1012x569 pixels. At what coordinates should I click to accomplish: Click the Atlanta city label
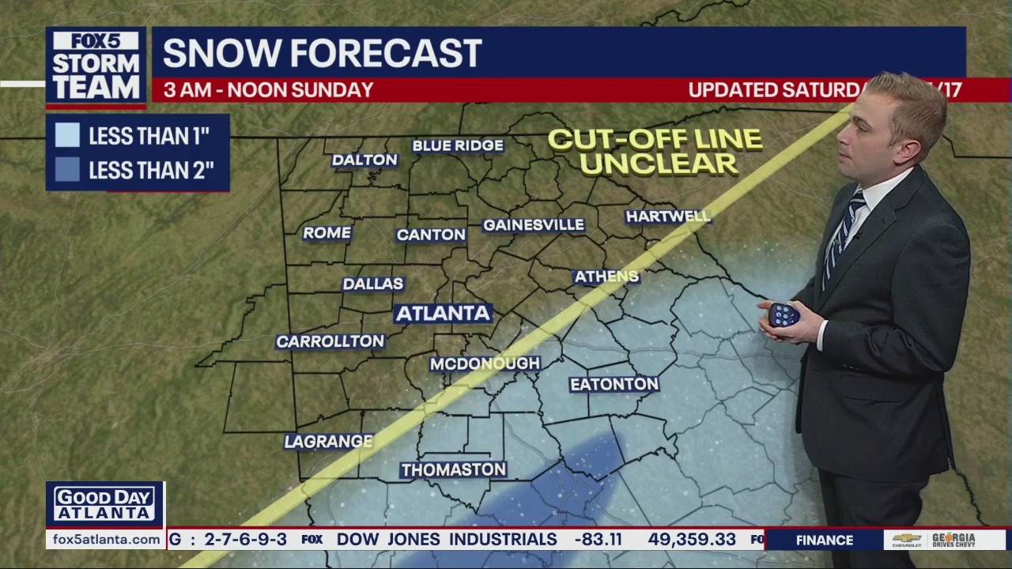click(443, 313)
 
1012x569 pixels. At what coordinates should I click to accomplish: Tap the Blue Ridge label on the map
click(458, 145)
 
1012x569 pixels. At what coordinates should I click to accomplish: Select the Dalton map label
click(364, 160)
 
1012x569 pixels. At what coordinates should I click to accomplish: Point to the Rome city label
click(327, 232)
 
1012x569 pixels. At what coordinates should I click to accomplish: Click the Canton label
click(431, 235)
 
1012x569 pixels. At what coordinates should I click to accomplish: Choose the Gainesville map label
click(534, 225)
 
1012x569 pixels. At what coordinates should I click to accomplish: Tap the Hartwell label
click(668, 217)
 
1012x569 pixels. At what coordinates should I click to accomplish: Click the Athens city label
click(606, 277)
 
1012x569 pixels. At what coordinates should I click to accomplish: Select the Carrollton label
click(330, 341)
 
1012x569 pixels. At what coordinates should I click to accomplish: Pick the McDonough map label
click(485, 364)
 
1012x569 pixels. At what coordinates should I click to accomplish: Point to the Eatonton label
click(614, 384)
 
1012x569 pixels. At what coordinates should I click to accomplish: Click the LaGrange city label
click(328, 442)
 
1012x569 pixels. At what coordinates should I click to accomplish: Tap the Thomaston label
click(453, 470)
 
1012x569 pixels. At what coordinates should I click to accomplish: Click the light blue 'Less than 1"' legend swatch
click(67, 135)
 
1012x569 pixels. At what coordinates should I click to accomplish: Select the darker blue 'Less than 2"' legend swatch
click(67, 170)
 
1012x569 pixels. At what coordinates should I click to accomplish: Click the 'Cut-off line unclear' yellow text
click(655, 152)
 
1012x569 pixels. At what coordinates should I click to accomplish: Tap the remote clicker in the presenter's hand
click(783, 315)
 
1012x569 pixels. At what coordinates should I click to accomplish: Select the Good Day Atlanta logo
click(105, 504)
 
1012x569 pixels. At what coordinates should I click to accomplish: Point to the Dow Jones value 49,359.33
click(692, 540)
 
